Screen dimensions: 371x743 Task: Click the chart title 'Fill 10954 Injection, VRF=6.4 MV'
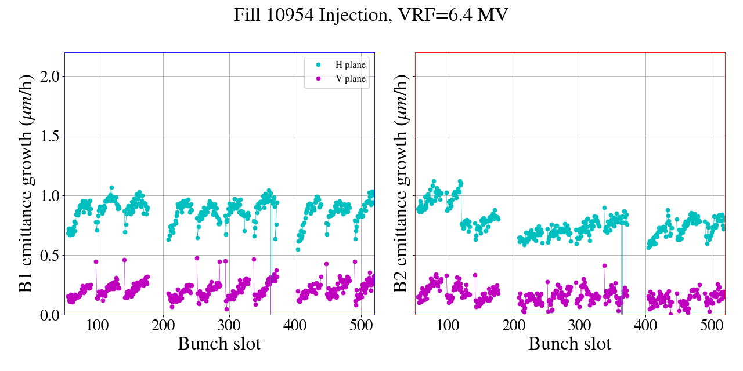pyautogui.click(x=371, y=15)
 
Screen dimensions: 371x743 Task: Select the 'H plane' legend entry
pyautogui.click(x=351, y=64)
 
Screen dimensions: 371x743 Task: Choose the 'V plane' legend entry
pyautogui.click(x=351, y=79)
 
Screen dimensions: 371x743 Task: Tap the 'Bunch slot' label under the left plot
pyautogui.click(x=219, y=344)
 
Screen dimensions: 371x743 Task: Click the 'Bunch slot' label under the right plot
pyautogui.click(x=570, y=344)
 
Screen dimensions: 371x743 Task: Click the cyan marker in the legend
pyautogui.click(x=318, y=64)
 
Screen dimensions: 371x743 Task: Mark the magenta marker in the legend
pyautogui.click(x=318, y=79)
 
